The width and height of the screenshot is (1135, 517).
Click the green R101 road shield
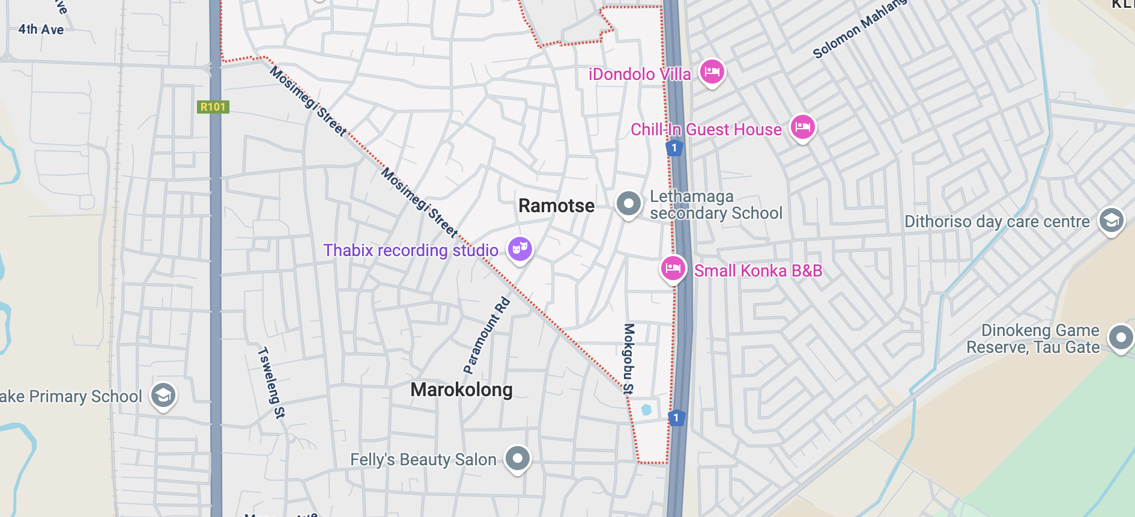pyautogui.click(x=213, y=107)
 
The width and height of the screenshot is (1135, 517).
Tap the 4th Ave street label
pyautogui.click(x=41, y=29)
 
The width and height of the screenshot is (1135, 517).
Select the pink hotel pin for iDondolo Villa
pyautogui.click(x=712, y=72)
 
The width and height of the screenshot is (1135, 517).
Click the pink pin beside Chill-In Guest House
pyautogui.click(x=802, y=127)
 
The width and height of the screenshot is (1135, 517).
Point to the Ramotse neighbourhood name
pyautogui.click(x=556, y=206)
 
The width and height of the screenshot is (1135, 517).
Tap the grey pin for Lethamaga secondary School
pyautogui.click(x=628, y=204)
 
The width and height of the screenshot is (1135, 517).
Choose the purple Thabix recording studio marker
pyautogui.click(x=519, y=248)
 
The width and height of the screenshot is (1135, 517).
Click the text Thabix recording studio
pyautogui.click(x=411, y=250)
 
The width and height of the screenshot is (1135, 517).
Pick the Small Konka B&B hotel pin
pyautogui.click(x=673, y=268)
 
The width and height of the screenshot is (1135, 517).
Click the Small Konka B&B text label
pyautogui.click(x=758, y=271)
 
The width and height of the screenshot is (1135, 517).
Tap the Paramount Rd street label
pyautogui.click(x=486, y=335)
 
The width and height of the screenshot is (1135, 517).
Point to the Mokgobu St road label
pyautogui.click(x=629, y=358)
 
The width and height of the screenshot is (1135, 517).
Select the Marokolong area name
pyautogui.click(x=461, y=390)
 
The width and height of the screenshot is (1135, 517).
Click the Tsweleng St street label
pyautogui.click(x=271, y=382)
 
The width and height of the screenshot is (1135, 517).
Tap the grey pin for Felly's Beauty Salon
pyautogui.click(x=517, y=459)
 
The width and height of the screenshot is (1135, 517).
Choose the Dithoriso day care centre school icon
pyautogui.click(x=1111, y=221)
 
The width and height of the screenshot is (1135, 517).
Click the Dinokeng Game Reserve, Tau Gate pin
pyautogui.click(x=1121, y=338)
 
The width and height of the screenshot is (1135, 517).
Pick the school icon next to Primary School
pyautogui.click(x=163, y=396)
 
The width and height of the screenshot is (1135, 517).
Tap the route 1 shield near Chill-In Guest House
pyautogui.click(x=674, y=148)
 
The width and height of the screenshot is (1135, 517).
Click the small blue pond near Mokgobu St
pyautogui.click(x=646, y=410)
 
